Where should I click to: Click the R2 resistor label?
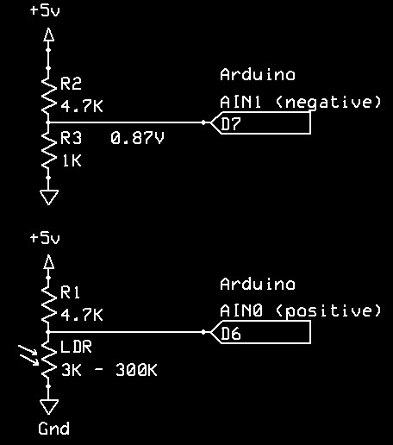pos(71,84)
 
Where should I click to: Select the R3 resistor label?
pos(71,138)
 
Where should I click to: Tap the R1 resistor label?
pos(70,292)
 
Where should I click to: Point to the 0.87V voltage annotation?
pos(137,138)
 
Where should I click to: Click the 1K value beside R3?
pos(72,160)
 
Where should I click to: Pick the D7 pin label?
pos(231,124)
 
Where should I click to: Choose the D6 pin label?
pos(231,334)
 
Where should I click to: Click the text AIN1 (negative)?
pos(300,103)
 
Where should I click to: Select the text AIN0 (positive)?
pos(300,311)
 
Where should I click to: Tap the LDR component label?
pos(76,347)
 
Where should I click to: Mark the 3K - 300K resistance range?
pos(109,370)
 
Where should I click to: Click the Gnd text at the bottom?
pos(53,429)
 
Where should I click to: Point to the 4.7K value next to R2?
pos(82,106)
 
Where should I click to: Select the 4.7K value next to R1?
pos(82,315)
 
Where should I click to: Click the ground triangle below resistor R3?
pos(49,197)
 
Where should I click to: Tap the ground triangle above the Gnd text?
pos(49,407)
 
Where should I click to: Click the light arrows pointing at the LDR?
pos(28,355)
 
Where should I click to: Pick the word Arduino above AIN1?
pos(258,75)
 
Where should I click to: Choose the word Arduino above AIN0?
pos(258,284)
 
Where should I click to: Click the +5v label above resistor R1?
pos(45,238)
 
